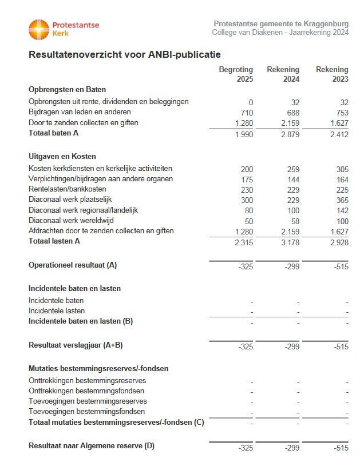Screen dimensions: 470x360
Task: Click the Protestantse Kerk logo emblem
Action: pyautogui.click(x=39, y=29)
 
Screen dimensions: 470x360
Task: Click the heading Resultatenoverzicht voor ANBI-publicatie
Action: pyautogui.click(x=125, y=55)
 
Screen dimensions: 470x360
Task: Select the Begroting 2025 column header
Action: pyautogui.click(x=236, y=74)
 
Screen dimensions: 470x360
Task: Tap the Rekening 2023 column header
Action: pyautogui.click(x=332, y=74)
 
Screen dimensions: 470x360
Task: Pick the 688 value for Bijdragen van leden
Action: pyautogui.click(x=292, y=113)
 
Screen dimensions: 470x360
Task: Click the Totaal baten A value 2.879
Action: pyautogui.click(x=289, y=134)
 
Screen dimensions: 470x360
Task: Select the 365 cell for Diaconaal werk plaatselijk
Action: pyautogui.click(x=342, y=200)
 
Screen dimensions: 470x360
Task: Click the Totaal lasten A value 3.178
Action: pyautogui.click(x=289, y=242)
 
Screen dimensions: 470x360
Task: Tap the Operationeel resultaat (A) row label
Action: pyautogui.click(x=73, y=265)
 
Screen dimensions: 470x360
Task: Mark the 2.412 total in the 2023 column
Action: pyautogui.click(x=338, y=134)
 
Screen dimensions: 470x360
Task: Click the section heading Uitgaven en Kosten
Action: pyautogui.click(x=62, y=156)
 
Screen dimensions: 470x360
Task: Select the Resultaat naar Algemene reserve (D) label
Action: pyautogui.click(x=92, y=446)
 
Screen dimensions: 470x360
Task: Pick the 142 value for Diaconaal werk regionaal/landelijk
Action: pyautogui.click(x=342, y=210)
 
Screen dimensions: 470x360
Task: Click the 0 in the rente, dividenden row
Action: pyautogui.click(x=250, y=102)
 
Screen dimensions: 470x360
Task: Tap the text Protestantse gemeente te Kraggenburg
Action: pyautogui.click(x=281, y=23)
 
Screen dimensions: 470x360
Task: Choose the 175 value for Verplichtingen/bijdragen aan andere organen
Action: pyautogui.click(x=246, y=179)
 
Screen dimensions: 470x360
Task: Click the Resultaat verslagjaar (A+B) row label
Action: pyautogui.click(x=76, y=345)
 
